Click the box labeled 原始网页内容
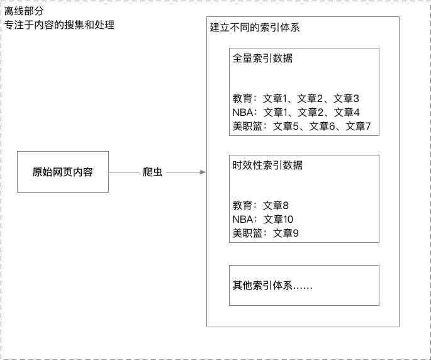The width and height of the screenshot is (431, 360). [63, 172]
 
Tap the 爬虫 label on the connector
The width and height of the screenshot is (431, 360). [152, 172]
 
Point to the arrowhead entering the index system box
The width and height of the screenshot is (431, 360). [203, 172]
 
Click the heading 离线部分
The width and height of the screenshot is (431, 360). [24, 11]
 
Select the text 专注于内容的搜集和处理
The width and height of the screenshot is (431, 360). [59, 25]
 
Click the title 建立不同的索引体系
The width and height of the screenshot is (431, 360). [255, 28]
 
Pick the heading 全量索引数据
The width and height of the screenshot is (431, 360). [262, 59]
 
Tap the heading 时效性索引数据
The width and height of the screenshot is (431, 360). [267, 166]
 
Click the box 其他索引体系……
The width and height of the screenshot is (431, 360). [304, 286]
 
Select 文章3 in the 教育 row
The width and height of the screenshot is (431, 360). [346, 98]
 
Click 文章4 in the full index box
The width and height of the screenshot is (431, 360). [347, 112]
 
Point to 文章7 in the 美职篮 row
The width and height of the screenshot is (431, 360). [358, 127]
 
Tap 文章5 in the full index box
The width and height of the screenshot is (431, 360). [286, 127]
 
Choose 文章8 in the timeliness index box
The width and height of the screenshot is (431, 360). [276, 205]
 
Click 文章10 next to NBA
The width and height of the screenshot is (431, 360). [278, 219]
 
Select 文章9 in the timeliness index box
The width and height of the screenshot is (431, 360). [286, 233]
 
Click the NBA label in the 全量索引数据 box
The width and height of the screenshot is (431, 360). [242, 112]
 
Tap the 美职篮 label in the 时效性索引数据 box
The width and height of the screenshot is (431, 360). [247, 233]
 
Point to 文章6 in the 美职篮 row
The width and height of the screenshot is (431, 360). [322, 127]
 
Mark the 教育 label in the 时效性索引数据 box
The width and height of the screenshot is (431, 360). [242, 205]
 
